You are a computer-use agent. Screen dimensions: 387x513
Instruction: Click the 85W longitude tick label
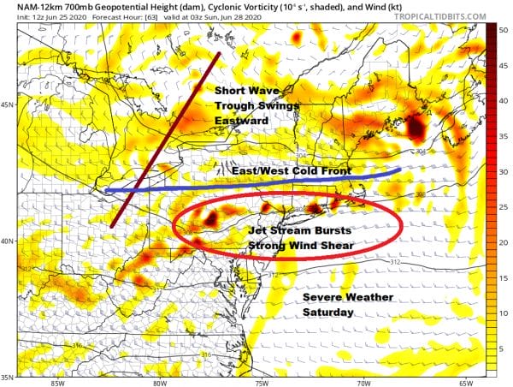(56, 382)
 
